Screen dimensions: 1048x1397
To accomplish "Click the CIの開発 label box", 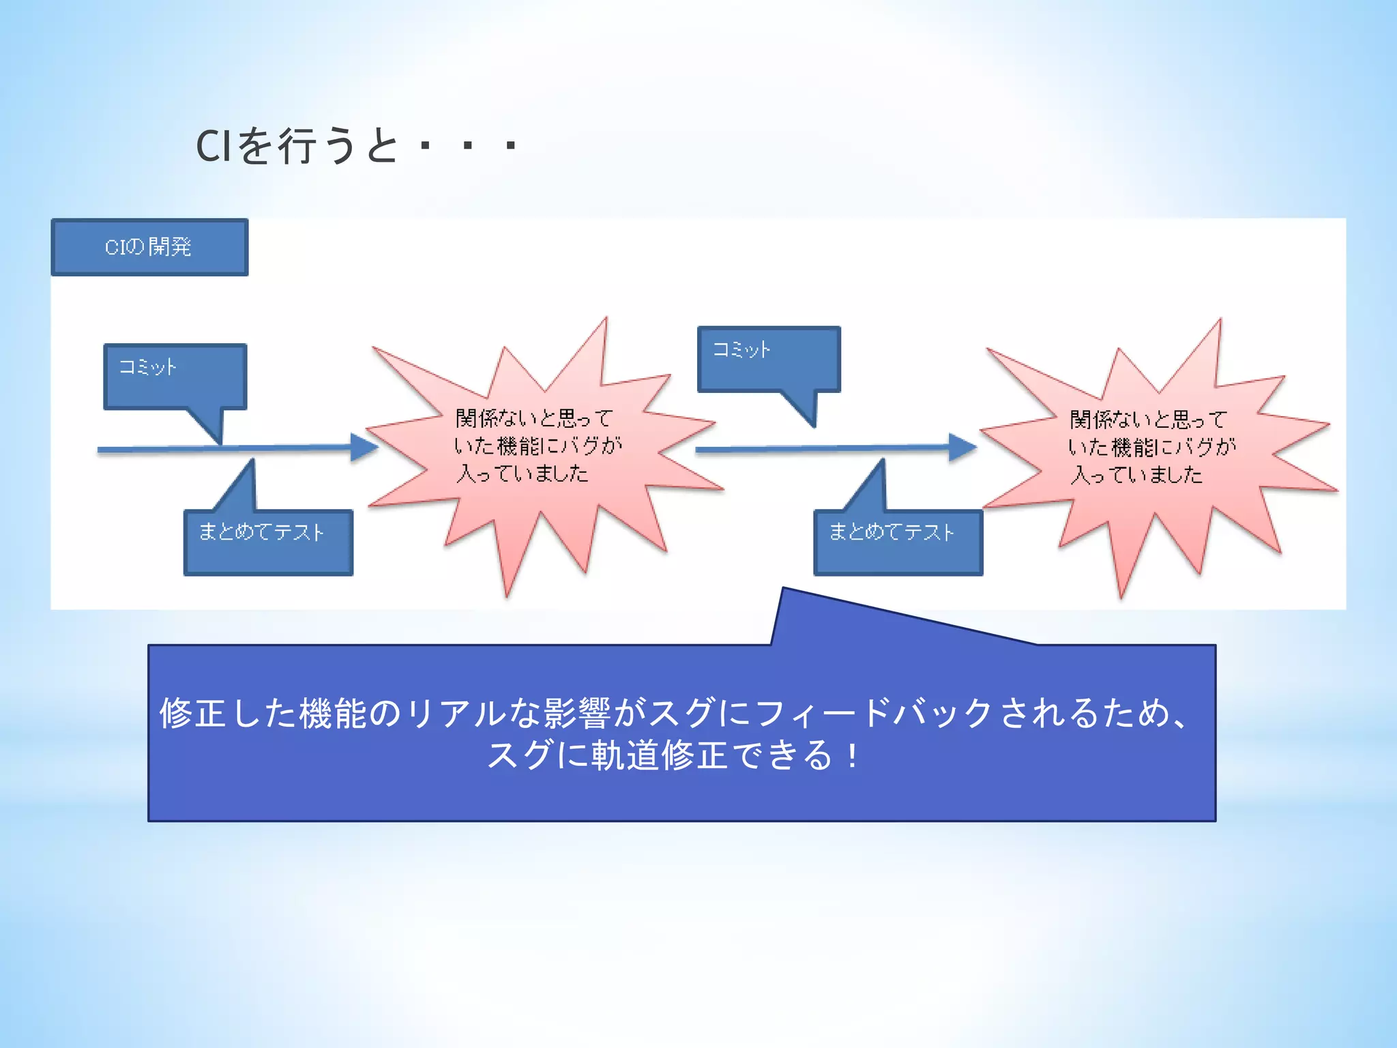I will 149,247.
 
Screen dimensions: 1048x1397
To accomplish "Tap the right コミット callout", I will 768,359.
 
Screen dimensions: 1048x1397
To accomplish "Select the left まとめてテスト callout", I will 268,542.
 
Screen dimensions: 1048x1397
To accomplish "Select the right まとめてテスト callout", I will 898,542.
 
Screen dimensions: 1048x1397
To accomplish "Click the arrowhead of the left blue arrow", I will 364,448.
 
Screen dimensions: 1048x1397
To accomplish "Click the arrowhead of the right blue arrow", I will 962,448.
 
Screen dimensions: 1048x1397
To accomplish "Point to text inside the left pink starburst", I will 537,446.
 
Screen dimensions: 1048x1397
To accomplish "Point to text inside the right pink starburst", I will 1151,447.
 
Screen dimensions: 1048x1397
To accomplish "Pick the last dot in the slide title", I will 510,146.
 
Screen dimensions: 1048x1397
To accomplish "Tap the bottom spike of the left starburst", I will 507,592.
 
